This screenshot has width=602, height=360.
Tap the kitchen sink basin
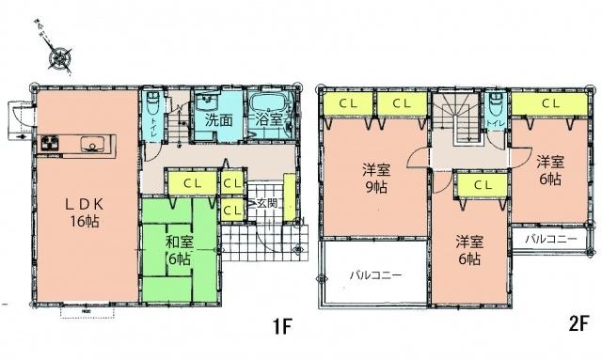[x=92, y=145]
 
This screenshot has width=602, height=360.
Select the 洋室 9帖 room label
[x=374, y=179]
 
